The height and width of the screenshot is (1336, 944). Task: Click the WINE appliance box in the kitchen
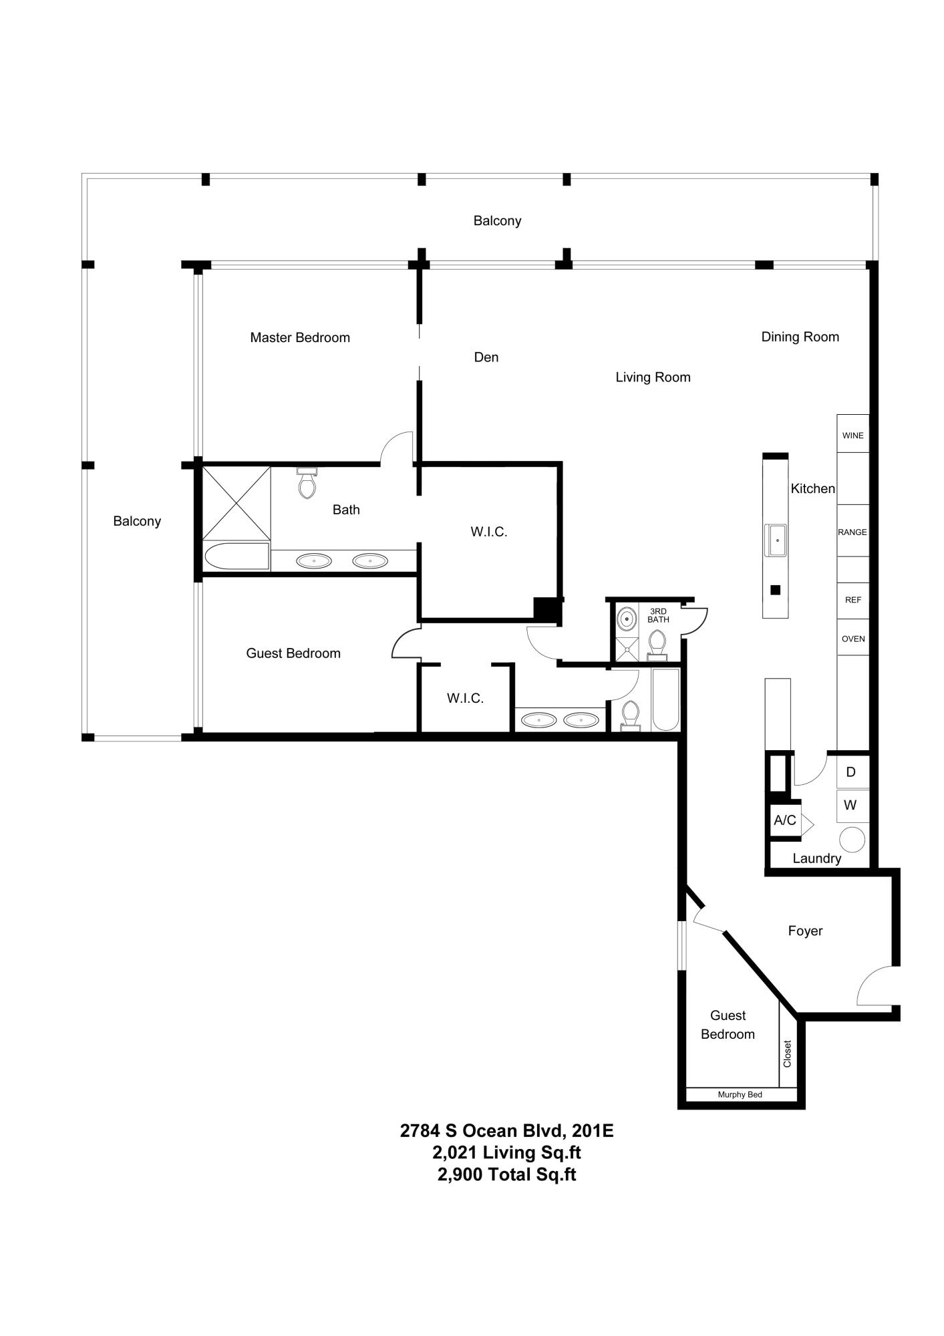click(x=852, y=435)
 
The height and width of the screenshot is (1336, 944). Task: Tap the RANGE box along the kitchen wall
click(x=852, y=532)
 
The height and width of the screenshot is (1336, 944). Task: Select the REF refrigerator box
click(x=852, y=600)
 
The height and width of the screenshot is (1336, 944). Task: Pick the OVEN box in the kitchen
click(x=852, y=639)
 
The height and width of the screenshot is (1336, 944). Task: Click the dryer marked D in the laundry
click(x=851, y=772)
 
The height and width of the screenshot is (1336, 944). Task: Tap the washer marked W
click(x=850, y=806)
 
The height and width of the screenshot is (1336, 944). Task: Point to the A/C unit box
click(x=785, y=820)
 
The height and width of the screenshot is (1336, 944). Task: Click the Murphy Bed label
click(x=740, y=1095)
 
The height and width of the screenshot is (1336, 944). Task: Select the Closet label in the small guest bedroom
click(x=788, y=1053)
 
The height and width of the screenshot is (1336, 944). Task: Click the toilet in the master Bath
click(x=307, y=483)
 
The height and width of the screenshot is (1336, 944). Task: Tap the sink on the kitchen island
click(x=776, y=540)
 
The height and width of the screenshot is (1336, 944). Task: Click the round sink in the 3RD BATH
click(x=627, y=619)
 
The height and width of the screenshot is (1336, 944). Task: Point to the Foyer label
click(x=804, y=931)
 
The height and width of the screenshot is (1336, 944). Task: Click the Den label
click(x=486, y=357)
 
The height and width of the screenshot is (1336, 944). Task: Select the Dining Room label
click(x=800, y=337)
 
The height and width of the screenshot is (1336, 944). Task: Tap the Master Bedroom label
click(x=300, y=337)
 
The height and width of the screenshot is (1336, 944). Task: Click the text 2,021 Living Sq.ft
click(x=506, y=1152)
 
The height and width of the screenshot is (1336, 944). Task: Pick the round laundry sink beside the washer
click(x=852, y=839)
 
